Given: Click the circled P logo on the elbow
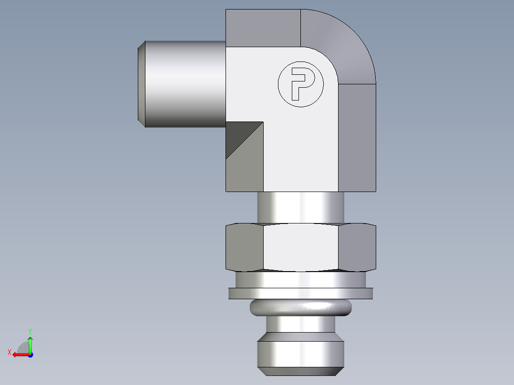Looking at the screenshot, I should point(300,84).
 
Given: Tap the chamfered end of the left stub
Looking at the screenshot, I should point(142,84).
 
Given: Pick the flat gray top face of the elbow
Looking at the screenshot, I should point(263,28).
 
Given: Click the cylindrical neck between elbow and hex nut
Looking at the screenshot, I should point(300,207).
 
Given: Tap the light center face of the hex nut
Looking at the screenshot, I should point(300,248).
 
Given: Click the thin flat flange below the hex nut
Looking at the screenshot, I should point(300,294).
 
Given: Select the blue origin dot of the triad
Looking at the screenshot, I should point(30,355).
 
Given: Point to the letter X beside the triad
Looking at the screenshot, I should point(10,352).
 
